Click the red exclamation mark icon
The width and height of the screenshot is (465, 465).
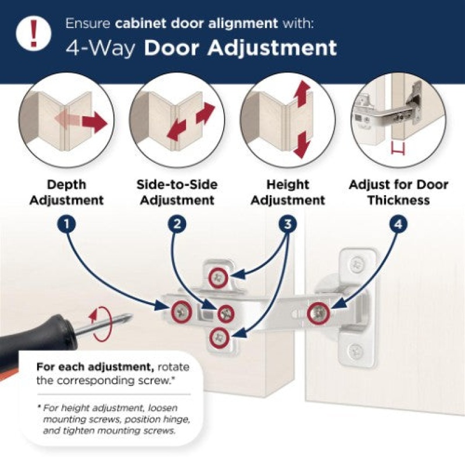tap(34, 33)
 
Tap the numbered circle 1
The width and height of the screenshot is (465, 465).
tap(67, 224)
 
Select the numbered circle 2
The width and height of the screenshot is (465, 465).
tap(177, 224)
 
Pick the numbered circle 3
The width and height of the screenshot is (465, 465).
tap(288, 224)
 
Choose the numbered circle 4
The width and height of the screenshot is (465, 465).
tap(398, 224)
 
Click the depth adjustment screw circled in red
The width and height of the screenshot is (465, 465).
tap(181, 312)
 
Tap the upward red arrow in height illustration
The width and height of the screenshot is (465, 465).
tap(302, 94)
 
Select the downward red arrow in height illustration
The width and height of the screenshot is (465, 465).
tap(302, 145)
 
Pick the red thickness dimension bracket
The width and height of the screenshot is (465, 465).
tap(398, 149)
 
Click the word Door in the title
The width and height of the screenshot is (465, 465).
tap(171, 48)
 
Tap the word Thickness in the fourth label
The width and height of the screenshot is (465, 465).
tap(399, 200)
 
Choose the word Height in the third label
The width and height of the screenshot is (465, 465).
tap(288, 184)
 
